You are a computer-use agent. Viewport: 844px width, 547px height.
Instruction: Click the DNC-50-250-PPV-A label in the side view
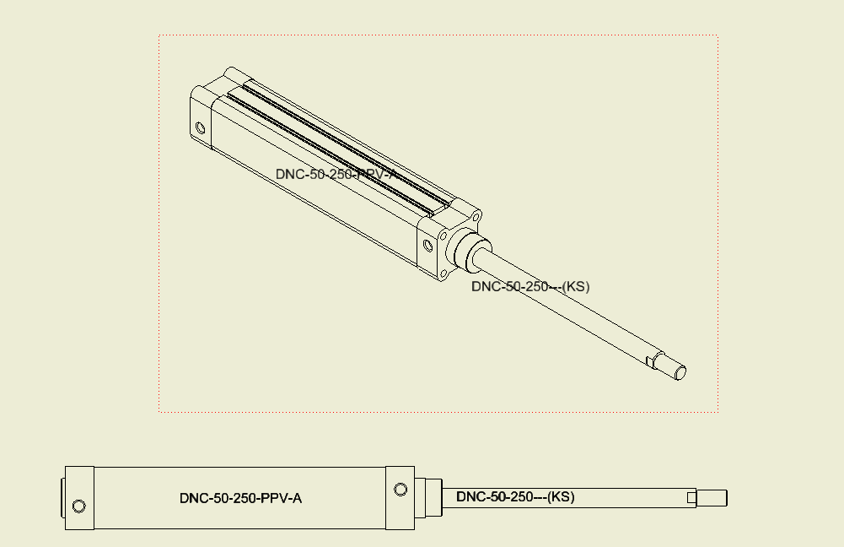click(x=240, y=498)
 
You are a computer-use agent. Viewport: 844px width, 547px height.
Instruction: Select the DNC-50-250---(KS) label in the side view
click(x=515, y=497)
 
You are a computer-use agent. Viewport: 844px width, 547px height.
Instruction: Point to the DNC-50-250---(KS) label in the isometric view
click(x=530, y=286)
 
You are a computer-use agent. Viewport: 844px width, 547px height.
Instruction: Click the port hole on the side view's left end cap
click(x=78, y=506)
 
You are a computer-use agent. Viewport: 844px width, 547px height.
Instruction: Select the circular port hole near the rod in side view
click(x=400, y=490)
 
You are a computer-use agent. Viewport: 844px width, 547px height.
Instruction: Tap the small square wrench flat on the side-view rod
click(x=691, y=498)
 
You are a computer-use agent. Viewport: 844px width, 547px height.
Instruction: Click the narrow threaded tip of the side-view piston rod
click(x=712, y=498)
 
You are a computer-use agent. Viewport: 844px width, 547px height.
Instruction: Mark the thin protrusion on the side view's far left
click(x=62, y=498)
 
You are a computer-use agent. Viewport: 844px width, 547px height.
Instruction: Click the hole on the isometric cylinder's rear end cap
click(x=200, y=128)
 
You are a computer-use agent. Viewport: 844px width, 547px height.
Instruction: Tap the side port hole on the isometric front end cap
click(x=427, y=246)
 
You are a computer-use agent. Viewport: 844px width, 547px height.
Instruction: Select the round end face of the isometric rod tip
click(x=680, y=372)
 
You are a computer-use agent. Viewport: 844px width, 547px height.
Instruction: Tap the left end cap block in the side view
click(x=79, y=498)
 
